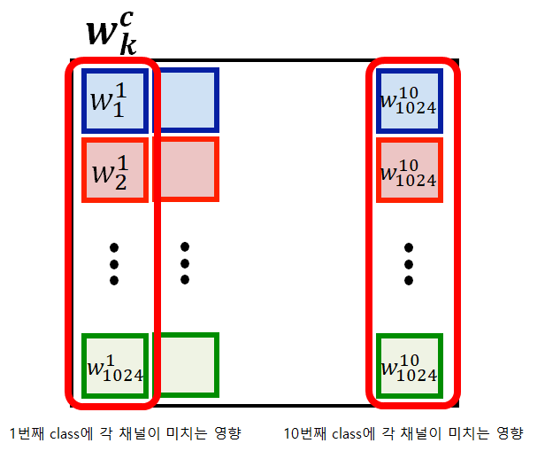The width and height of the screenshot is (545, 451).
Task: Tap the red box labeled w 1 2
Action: [x=113, y=170]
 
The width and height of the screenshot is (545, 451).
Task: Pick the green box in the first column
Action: [x=113, y=365]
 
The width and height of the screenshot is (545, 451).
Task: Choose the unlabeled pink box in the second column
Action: [x=186, y=168]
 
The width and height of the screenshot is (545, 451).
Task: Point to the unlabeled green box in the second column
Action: [x=186, y=363]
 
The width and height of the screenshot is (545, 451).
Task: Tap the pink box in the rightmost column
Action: [x=408, y=170]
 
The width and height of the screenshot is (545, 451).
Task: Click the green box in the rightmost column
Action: [x=408, y=365]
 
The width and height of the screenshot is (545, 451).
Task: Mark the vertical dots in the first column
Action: [x=113, y=264]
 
